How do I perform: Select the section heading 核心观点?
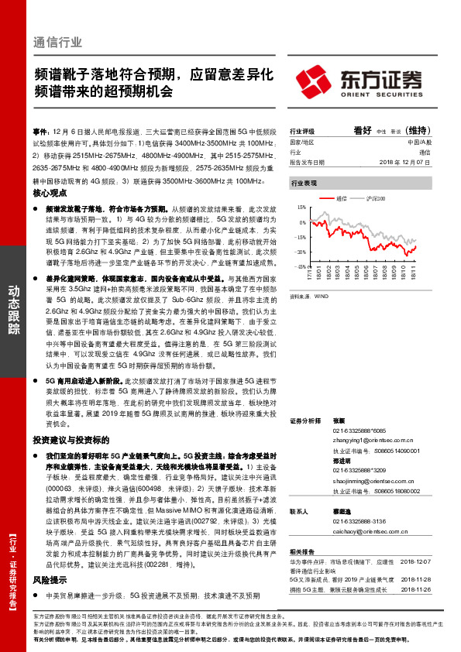50,197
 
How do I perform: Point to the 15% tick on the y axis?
301,208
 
